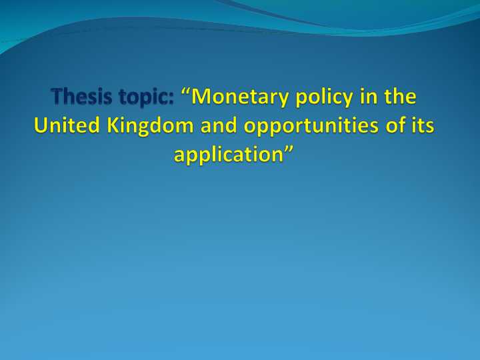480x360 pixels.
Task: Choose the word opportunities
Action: (313, 125)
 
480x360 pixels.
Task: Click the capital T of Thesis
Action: (58, 98)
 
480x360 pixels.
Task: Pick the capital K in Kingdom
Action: (107, 125)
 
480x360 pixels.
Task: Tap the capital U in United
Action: (41, 125)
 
